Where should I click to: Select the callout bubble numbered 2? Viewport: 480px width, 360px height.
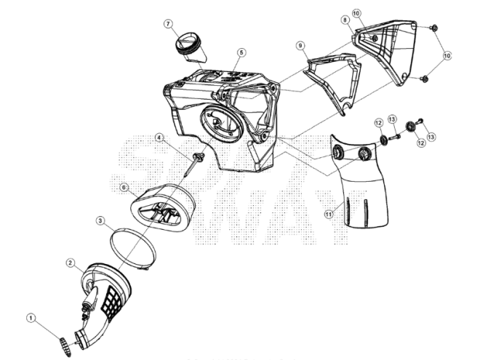click(x=70, y=262)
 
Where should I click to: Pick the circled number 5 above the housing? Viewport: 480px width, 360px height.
click(x=241, y=52)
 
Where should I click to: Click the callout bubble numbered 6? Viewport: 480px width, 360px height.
click(x=124, y=187)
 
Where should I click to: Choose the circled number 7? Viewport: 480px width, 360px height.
click(x=168, y=24)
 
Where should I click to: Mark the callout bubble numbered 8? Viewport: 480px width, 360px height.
click(x=345, y=20)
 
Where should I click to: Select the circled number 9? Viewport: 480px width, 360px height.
click(x=300, y=45)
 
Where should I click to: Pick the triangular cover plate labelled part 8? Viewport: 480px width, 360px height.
click(x=388, y=51)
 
